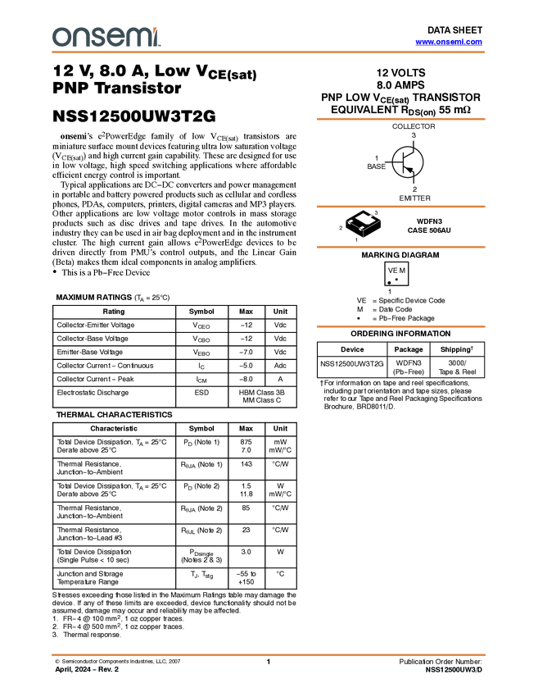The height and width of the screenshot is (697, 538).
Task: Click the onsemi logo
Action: pyautogui.click(x=106, y=37)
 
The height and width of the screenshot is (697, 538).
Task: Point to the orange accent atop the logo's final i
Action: pyautogui.click(x=157, y=29)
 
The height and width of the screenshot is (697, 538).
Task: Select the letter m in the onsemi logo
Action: pyautogui.click(x=135, y=38)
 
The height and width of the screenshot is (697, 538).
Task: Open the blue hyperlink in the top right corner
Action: pyautogui.click(x=449, y=42)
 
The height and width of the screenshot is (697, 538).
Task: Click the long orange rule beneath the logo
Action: pyautogui.click(x=269, y=52)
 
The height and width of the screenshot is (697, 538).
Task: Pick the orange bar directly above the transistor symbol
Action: pyautogui.click(x=400, y=120)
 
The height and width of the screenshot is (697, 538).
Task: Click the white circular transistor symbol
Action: pyautogui.click(x=408, y=162)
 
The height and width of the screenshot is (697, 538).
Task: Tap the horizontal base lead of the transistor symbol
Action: pyautogui.click(x=399, y=162)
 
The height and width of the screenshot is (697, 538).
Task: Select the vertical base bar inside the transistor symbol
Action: pyautogui.click(x=405, y=162)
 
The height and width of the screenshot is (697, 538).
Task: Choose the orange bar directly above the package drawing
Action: pyautogui.click(x=400, y=207)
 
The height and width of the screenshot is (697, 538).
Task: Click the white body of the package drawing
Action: pyautogui.click(x=364, y=218)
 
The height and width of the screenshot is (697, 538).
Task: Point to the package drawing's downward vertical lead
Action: pyautogui.click(x=363, y=234)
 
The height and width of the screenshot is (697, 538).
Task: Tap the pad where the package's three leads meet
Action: pyautogui.click(x=362, y=227)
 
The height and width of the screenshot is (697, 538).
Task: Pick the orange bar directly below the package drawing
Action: pyautogui.click(x=400, y=247)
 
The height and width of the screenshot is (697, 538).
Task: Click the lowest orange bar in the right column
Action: pyautogui.click(x=400, y=326)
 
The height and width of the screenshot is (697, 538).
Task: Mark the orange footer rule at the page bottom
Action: pyautogui.click(x=269, y=655)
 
